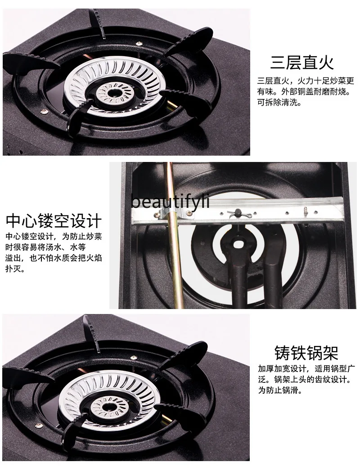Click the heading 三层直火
click(302, 63)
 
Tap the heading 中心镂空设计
click(54, 221)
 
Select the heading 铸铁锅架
click(306, 353)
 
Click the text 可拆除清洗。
click(279, 102)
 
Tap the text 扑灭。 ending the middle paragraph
click(16, 269)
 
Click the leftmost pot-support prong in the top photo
click(22, 63)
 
